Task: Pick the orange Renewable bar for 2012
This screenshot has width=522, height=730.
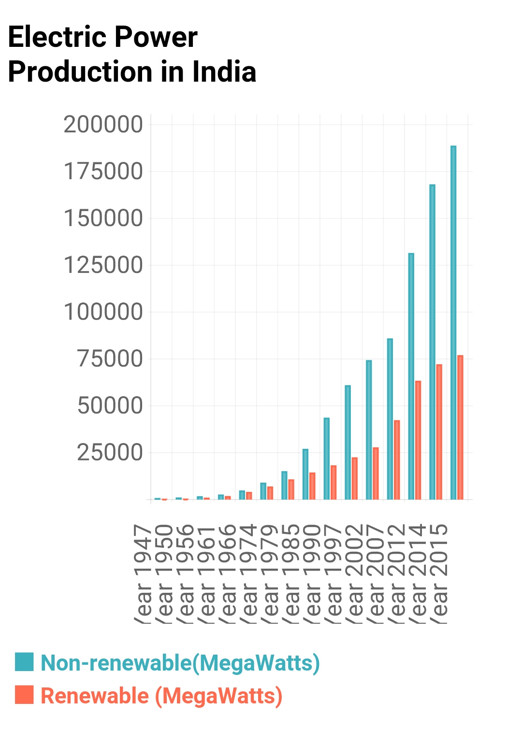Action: [x=397, y=459]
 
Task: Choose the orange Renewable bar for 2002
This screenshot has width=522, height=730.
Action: [x=354, y=478]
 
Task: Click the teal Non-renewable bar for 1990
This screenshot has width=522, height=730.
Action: [x=305, y=474]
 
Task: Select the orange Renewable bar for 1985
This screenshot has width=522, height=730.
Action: [x=291, y=489]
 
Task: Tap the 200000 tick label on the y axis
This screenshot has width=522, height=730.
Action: [x=103, y=124]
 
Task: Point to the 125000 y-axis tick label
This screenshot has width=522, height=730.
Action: [x=103, y=265]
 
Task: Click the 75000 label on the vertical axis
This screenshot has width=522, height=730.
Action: [x=110, y=358]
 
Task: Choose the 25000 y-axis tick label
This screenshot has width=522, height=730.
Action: [x=110, y=452]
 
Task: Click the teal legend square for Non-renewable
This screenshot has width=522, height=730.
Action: [x=24, y=662]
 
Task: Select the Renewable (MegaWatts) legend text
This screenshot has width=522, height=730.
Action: [x=161, y=696]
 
